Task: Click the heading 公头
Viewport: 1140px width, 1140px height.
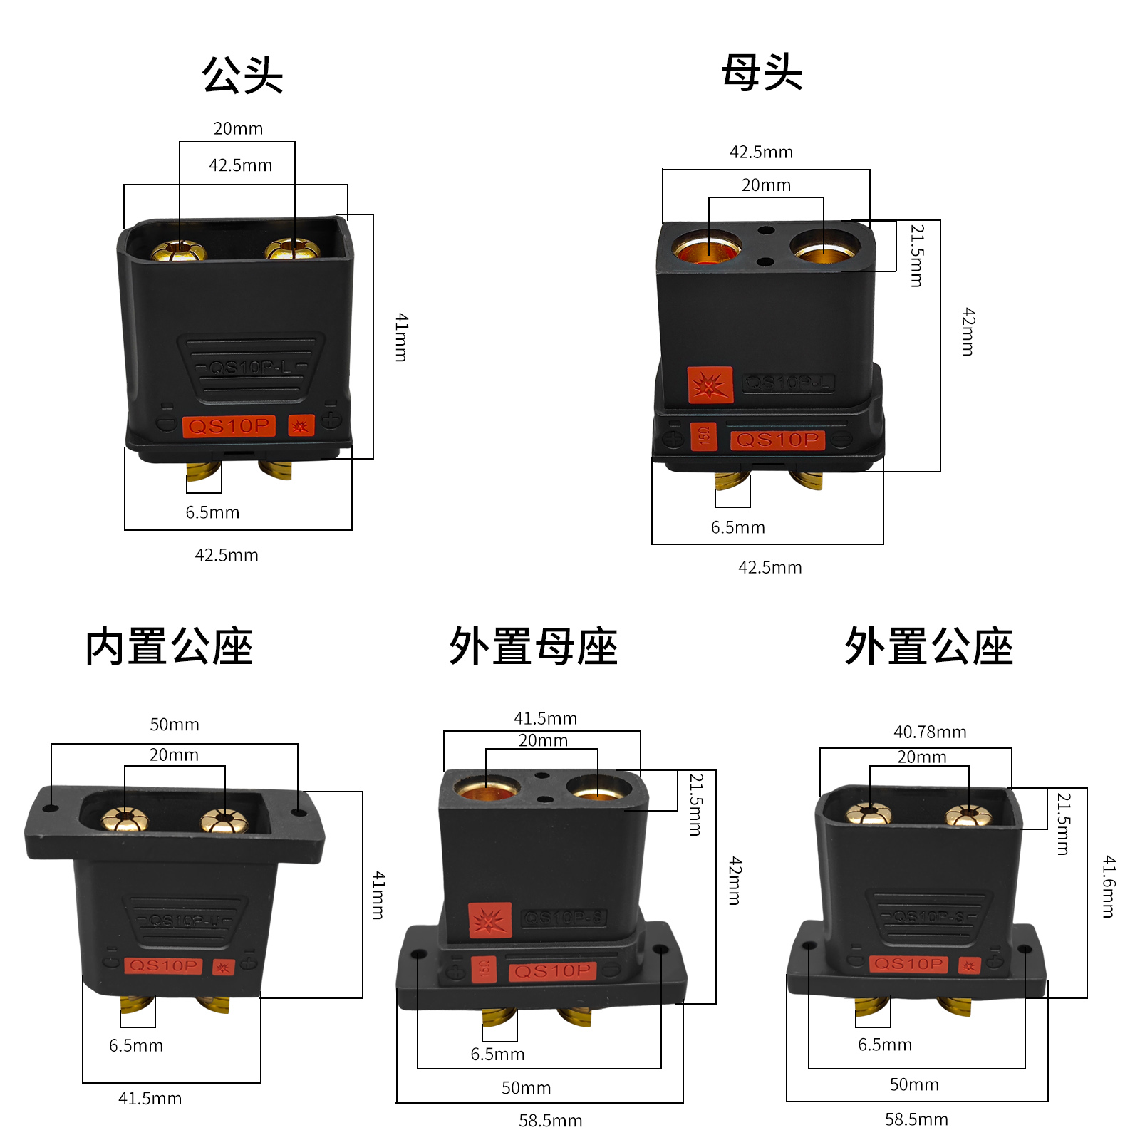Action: (x=242, y=75)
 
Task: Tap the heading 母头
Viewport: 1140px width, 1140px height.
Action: (x=762, y=73)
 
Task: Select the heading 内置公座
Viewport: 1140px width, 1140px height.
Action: (x=169, y=647)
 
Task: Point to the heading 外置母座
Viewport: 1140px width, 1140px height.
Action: (x=533, y=647)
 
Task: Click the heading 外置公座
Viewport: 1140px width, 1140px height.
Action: (x=928, y=647)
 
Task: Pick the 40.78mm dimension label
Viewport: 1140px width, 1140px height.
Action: (x=930, y=732)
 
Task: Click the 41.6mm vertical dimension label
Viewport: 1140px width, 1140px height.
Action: (x=1109, y=886)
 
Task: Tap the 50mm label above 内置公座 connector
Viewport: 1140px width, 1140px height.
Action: (x=175, y=725)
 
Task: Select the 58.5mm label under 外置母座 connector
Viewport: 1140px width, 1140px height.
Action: (x=550, y=1121)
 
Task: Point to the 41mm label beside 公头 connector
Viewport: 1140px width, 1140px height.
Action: (x=402, y=337)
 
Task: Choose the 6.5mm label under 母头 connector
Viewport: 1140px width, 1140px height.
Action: (x=737, y=527)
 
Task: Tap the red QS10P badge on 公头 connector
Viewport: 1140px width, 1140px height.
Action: (x=229, y=426)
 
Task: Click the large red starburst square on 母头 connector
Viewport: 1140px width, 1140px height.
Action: (x=710, y=385)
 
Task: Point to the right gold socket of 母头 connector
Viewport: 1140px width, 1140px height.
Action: (x=824, y=247)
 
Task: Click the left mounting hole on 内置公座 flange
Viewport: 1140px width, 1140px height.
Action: (x=51, y=809)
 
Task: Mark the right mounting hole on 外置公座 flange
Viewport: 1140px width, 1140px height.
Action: (x=1025, y=949)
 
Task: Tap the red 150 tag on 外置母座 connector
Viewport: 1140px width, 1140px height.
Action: (x=484, y=968)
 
